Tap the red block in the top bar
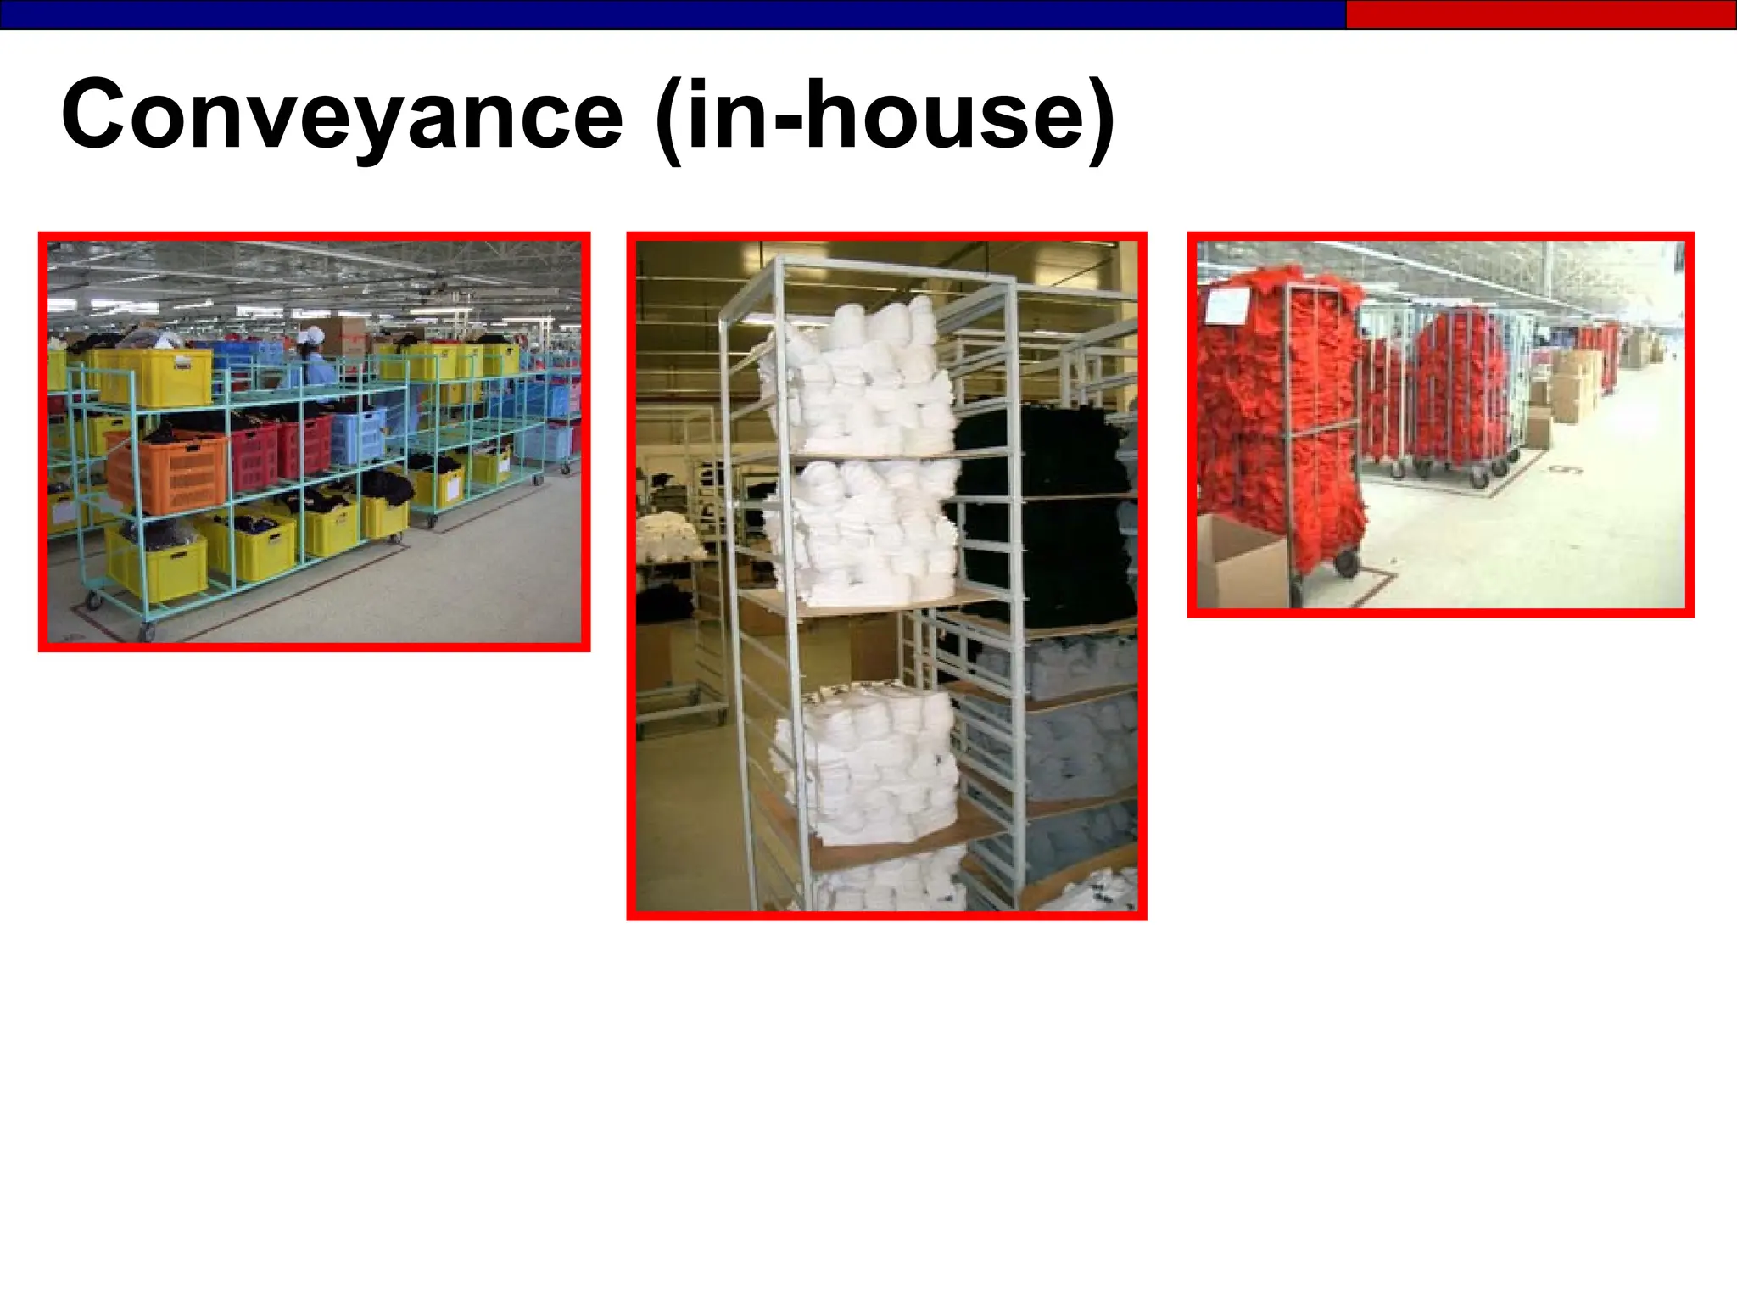1540,14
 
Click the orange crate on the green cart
168,471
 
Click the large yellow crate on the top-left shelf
154,376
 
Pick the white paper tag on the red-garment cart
1227,305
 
